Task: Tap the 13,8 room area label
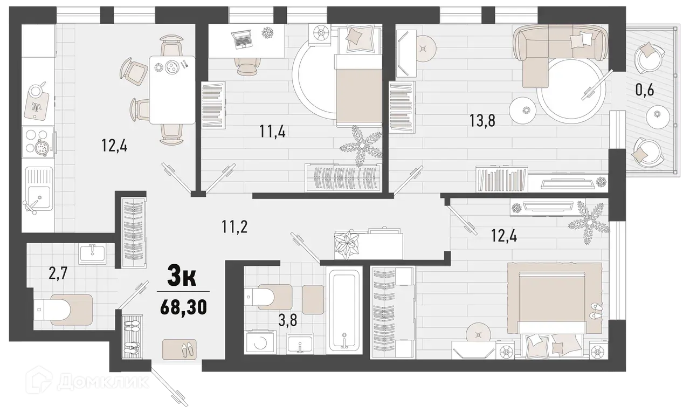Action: point(482,120)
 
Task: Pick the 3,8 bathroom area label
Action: point(288,322)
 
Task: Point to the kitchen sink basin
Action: point(38,191)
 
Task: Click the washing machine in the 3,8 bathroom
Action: point(259,343)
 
